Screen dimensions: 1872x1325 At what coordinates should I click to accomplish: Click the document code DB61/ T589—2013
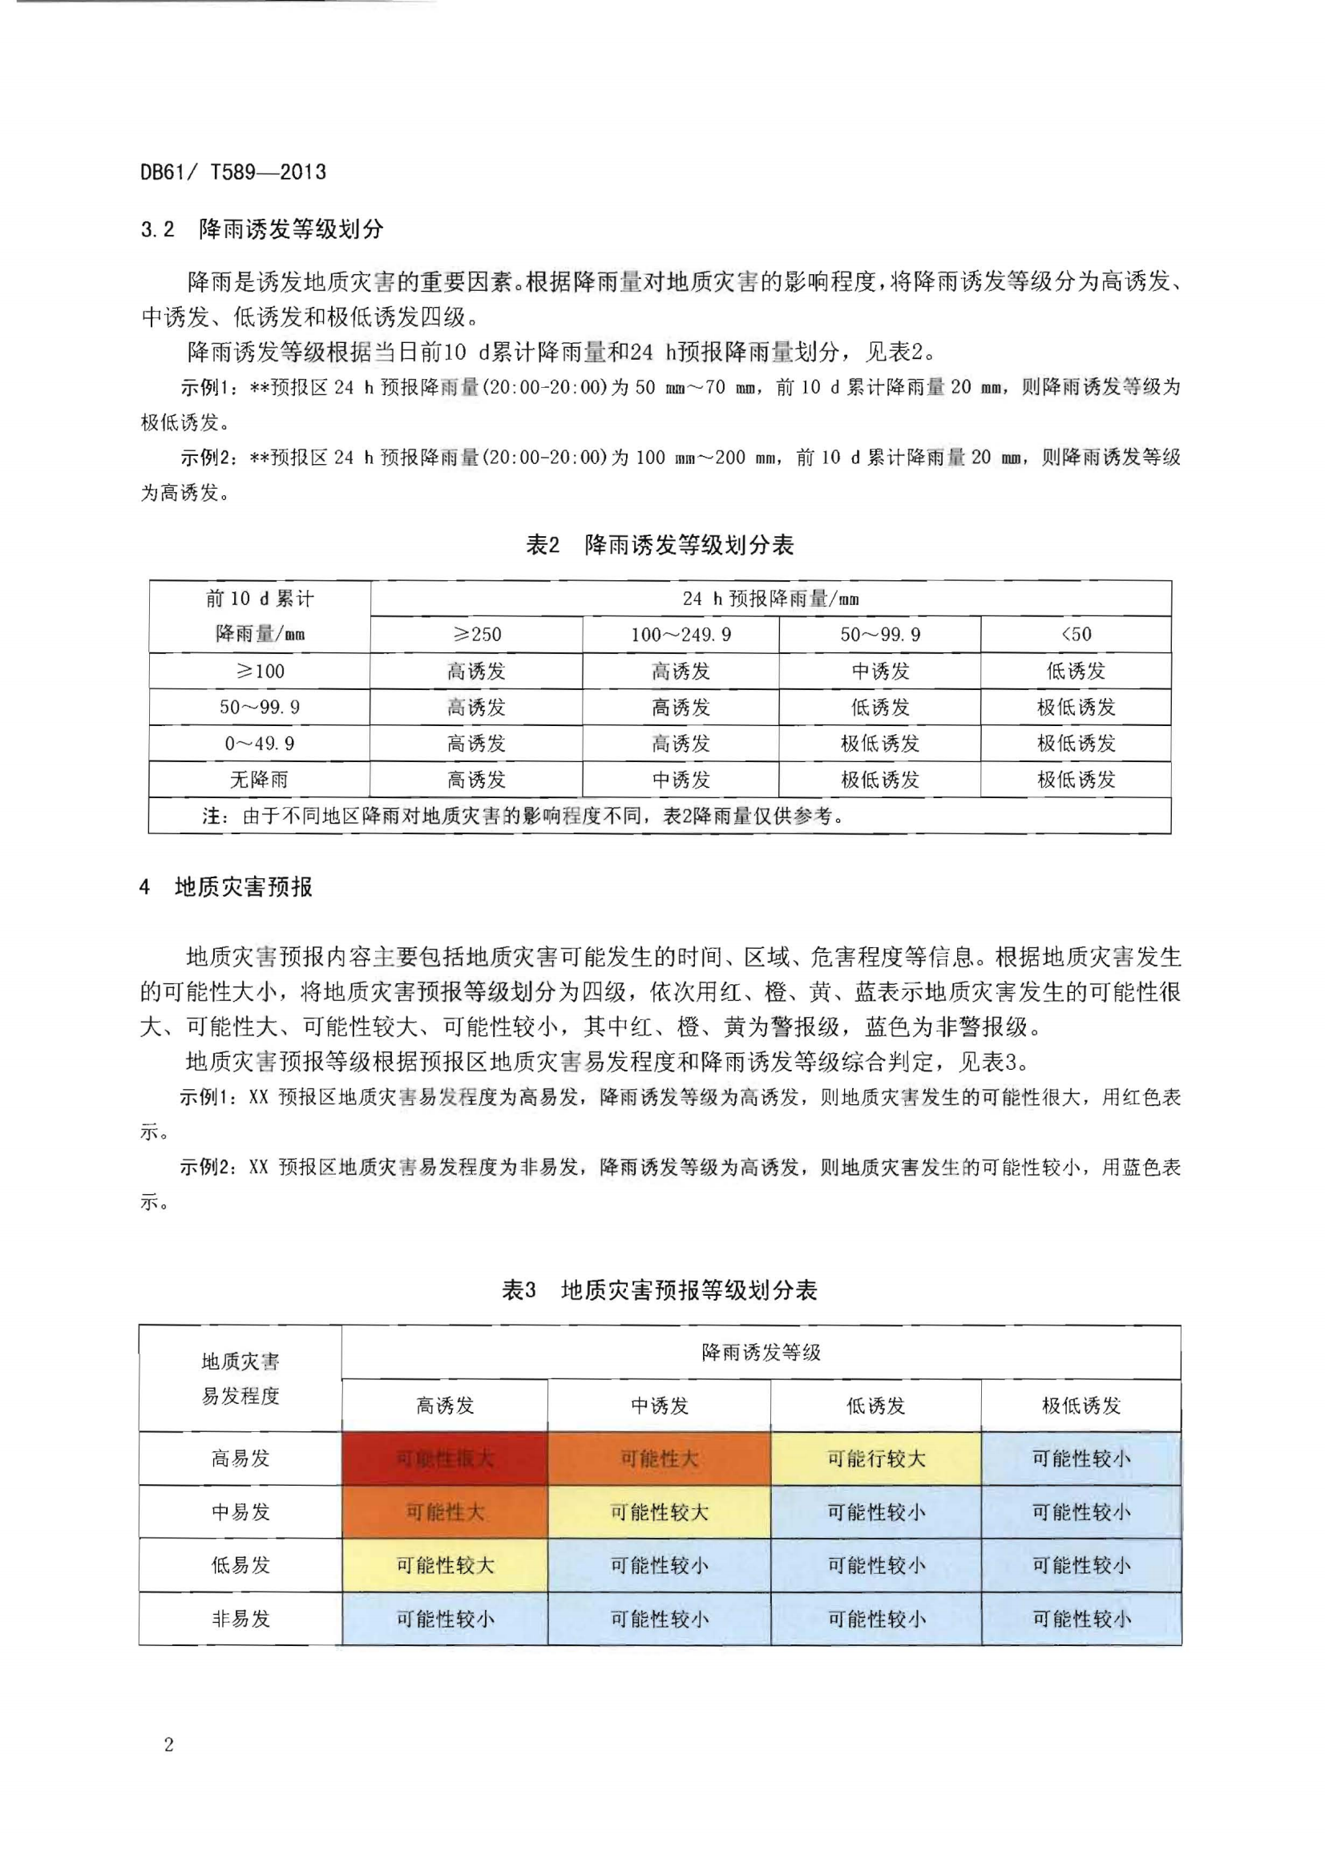[233, 172]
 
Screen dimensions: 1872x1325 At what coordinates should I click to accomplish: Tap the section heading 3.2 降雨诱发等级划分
[261, 229]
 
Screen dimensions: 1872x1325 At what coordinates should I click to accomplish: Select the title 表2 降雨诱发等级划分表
[659, 545]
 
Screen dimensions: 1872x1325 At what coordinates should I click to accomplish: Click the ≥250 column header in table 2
[476, 635]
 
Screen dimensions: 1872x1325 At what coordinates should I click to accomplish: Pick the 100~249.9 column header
[681, 635]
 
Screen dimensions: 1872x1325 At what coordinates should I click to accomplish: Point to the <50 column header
[1076, 635]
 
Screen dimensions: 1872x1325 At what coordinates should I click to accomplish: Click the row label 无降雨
[259, 780]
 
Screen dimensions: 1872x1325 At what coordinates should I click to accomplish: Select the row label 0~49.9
[259, 744]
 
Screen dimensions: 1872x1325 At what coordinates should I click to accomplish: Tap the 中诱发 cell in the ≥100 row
[879, 672]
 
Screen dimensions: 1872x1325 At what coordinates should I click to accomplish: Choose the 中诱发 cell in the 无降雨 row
[681, 780]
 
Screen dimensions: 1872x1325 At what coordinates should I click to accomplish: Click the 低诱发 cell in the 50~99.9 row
[879, 707]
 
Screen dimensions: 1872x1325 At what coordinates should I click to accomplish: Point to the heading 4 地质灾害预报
[226, 886]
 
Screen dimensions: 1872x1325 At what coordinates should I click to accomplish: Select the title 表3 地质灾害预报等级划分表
[659, 1289]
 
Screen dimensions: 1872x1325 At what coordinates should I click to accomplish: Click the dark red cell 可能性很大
[445, 1458]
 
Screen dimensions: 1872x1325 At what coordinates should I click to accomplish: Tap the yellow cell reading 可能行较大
[875, 1458]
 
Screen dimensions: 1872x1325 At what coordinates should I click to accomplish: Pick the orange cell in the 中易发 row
[445, 1512]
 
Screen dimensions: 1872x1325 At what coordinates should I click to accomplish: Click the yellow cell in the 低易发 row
[445, 1565]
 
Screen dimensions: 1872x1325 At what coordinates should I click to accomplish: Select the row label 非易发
[240, 1618]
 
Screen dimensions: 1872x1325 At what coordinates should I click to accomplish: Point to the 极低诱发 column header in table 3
[1081, 1406]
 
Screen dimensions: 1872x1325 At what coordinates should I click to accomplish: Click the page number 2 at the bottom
[169, 1745]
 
